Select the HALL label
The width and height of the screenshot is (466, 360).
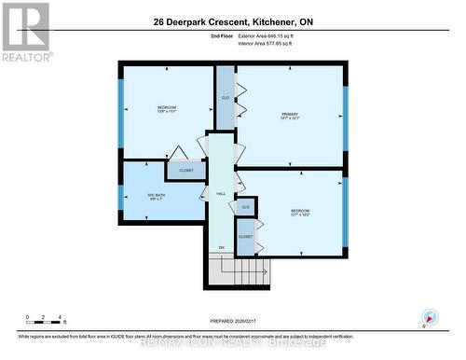tap(221, 193)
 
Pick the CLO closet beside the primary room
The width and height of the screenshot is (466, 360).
tap(226, 98)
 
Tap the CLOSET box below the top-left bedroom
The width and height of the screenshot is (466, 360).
tap(186, 171)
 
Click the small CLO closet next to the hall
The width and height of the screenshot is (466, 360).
tap(245, 206)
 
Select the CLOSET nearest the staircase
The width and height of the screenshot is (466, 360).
tap(245, 237)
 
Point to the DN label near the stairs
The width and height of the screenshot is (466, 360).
tap(222, 247)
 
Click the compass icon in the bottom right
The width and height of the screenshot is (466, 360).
tap(428, 317)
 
